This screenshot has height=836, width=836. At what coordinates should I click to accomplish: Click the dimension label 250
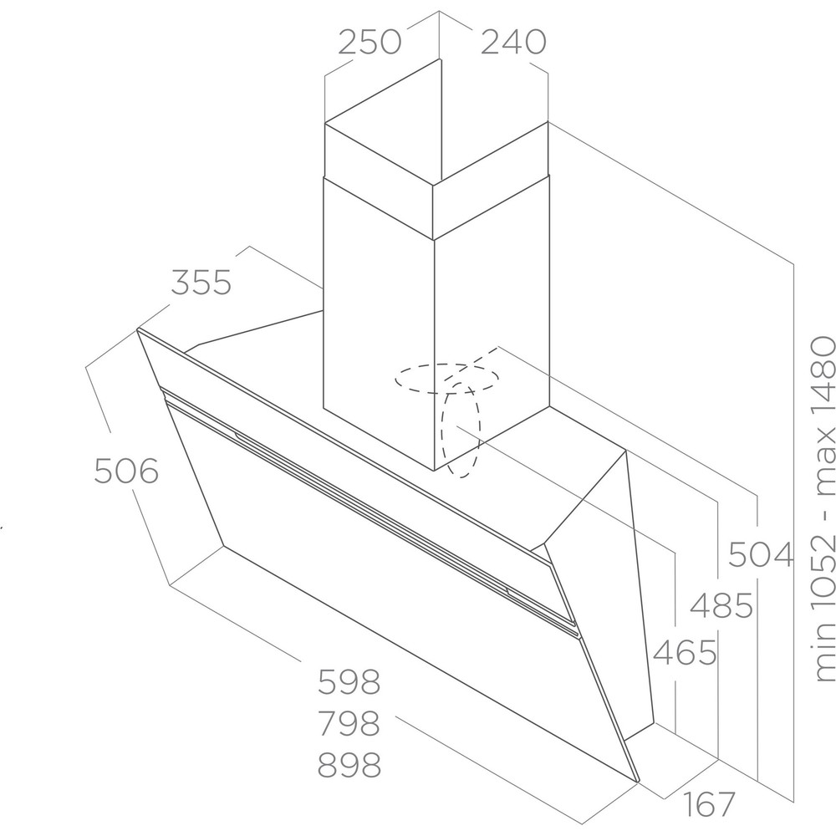370,42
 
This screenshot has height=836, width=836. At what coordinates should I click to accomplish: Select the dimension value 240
513,42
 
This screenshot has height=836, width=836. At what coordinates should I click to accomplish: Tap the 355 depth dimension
201,283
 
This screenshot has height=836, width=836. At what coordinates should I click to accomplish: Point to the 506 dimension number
126,471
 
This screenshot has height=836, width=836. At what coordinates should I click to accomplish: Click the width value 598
349,681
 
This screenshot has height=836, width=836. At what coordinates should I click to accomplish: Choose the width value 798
349,723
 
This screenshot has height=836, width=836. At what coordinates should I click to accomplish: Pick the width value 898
349,765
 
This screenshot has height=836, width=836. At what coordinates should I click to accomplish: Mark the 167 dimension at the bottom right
710,804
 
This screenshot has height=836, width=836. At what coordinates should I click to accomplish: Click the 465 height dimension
686,652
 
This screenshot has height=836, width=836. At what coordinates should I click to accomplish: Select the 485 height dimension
721,605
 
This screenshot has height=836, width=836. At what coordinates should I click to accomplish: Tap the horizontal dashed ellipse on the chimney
446,379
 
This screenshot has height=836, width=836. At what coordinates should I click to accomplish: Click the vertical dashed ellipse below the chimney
460,430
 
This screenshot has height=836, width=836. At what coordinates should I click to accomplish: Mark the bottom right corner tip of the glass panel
638,782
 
